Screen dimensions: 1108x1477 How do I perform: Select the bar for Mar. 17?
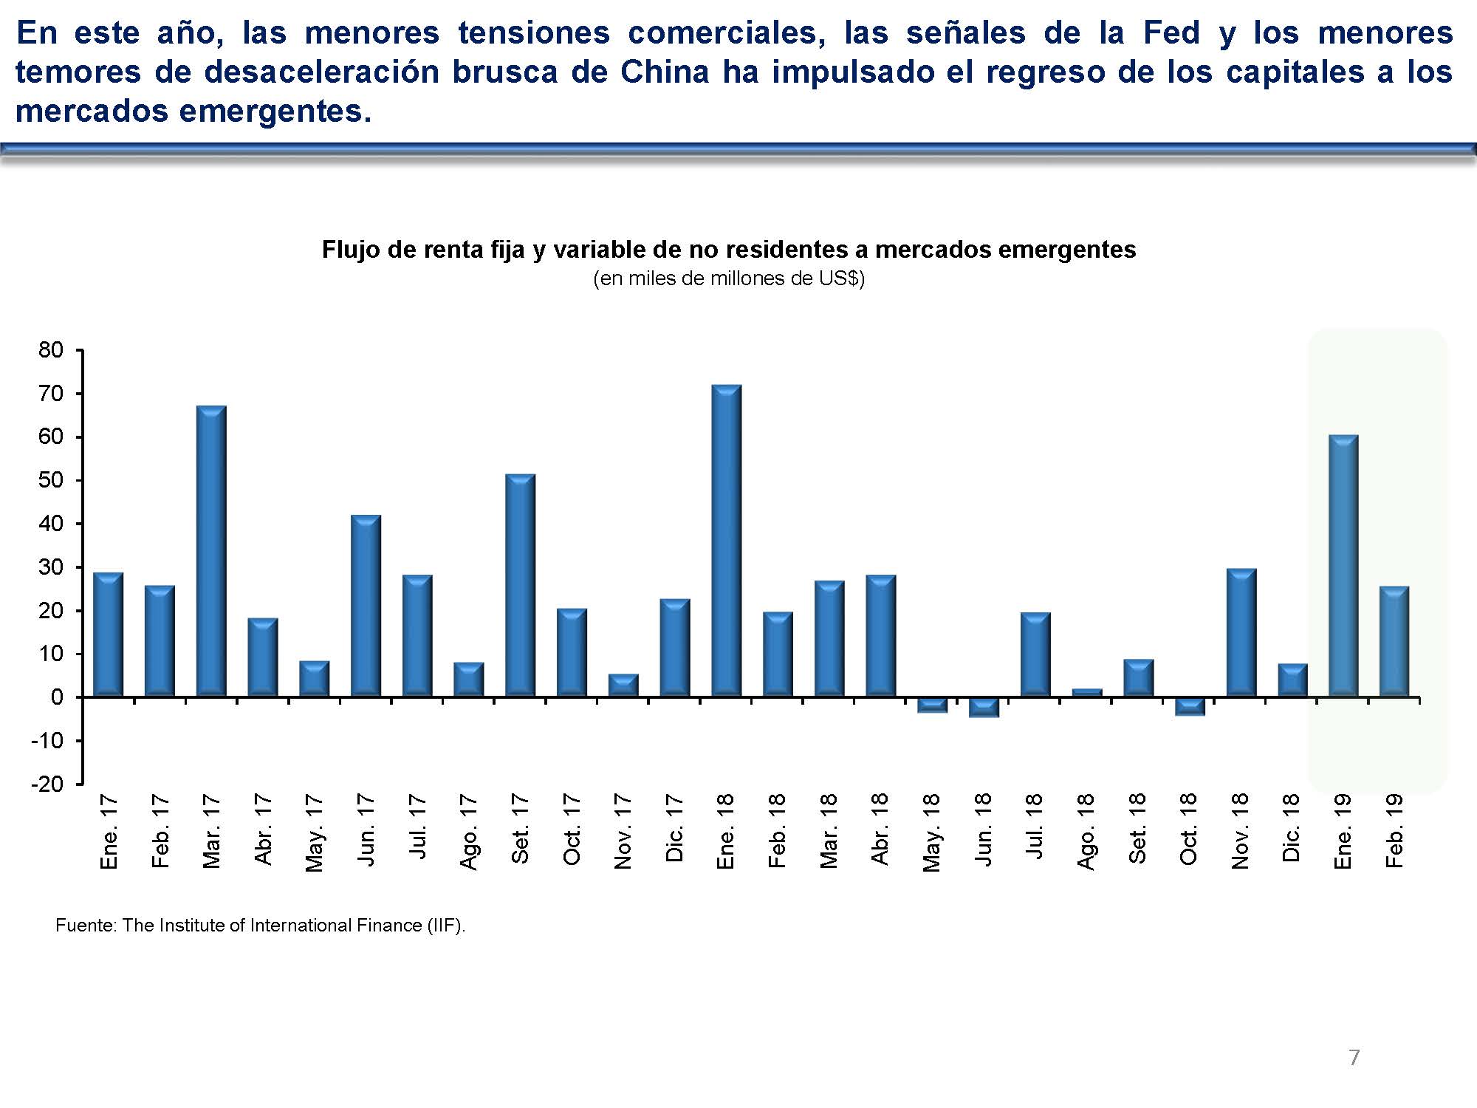pyautogui.click(x=211, y=551)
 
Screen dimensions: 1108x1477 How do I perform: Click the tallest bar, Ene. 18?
pyautogui.click(x=726, y=541)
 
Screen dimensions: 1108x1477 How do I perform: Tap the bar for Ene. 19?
pyautogui.click(x=1343, y=566)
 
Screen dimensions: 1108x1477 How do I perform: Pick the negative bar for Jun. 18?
pyautogui.click(x=983, y=707)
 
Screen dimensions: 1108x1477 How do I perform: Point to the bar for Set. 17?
pyautogui.click(x=520, y=585)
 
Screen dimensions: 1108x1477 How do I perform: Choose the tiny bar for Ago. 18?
pyautogui.click(x=1086, y=693)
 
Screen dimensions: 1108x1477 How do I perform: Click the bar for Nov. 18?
pyautogui.click(x=1241, y=632)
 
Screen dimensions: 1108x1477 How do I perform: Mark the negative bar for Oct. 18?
pyautogui.click(x=1189, y=706)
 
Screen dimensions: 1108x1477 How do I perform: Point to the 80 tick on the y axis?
pyautogui.click(x=51, y=350)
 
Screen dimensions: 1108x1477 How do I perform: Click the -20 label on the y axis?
pyautogui.click(x=47, y=784)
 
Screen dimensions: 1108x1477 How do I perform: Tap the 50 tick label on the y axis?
pyautogui.click(x=51, y=480)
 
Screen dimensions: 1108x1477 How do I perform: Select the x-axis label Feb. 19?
pyautogui.click(x=1394, y=831)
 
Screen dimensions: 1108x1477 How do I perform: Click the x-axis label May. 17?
pyautogui.click(x=315, y=832)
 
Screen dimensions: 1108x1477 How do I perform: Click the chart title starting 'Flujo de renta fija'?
pyautogui.click(x=728, y=250)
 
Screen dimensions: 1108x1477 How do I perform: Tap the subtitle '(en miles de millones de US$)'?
pyautogui.click(x=728, y=278)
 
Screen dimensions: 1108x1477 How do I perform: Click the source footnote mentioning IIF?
pyautogui.click(x=260, y=926)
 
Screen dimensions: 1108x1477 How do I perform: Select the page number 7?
pyautogui.click(x=1354, y=1058)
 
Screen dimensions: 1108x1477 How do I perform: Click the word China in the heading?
pyautogui.click(x=664, y=72)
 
